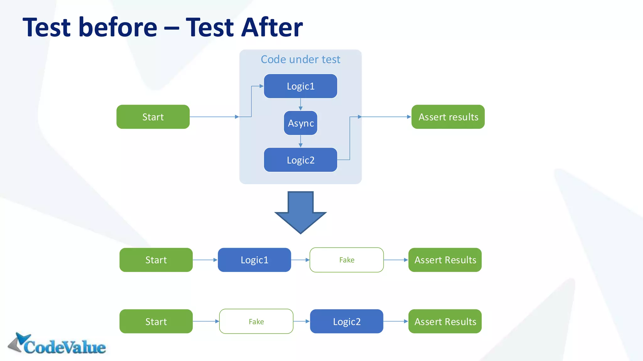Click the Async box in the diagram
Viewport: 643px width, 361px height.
coord(300,123)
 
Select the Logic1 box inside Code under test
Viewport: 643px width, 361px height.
coord(300,86)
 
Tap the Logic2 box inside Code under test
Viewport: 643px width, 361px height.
coord(300,160)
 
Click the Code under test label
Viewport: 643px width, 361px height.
coord(300,60)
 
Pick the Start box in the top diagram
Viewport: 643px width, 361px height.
coord(153,117)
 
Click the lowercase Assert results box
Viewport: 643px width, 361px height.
coord(448,117)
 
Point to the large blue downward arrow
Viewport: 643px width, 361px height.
coord(300,213)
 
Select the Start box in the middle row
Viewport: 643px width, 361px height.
coord(156,260)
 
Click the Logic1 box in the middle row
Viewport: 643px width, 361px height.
coord(254,260)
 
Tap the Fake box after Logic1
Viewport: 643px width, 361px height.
coord(347,260)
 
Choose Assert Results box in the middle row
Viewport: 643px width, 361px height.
coord(445,260)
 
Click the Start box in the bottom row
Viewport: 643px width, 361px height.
coord(156,322)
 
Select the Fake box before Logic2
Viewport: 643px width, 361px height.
coord(256,322)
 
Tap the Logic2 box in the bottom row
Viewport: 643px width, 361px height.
coord(347,322)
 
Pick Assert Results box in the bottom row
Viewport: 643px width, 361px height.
coord(445,322)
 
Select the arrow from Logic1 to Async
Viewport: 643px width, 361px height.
coord(300,104)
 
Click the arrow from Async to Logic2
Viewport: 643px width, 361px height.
coord(300,141)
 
